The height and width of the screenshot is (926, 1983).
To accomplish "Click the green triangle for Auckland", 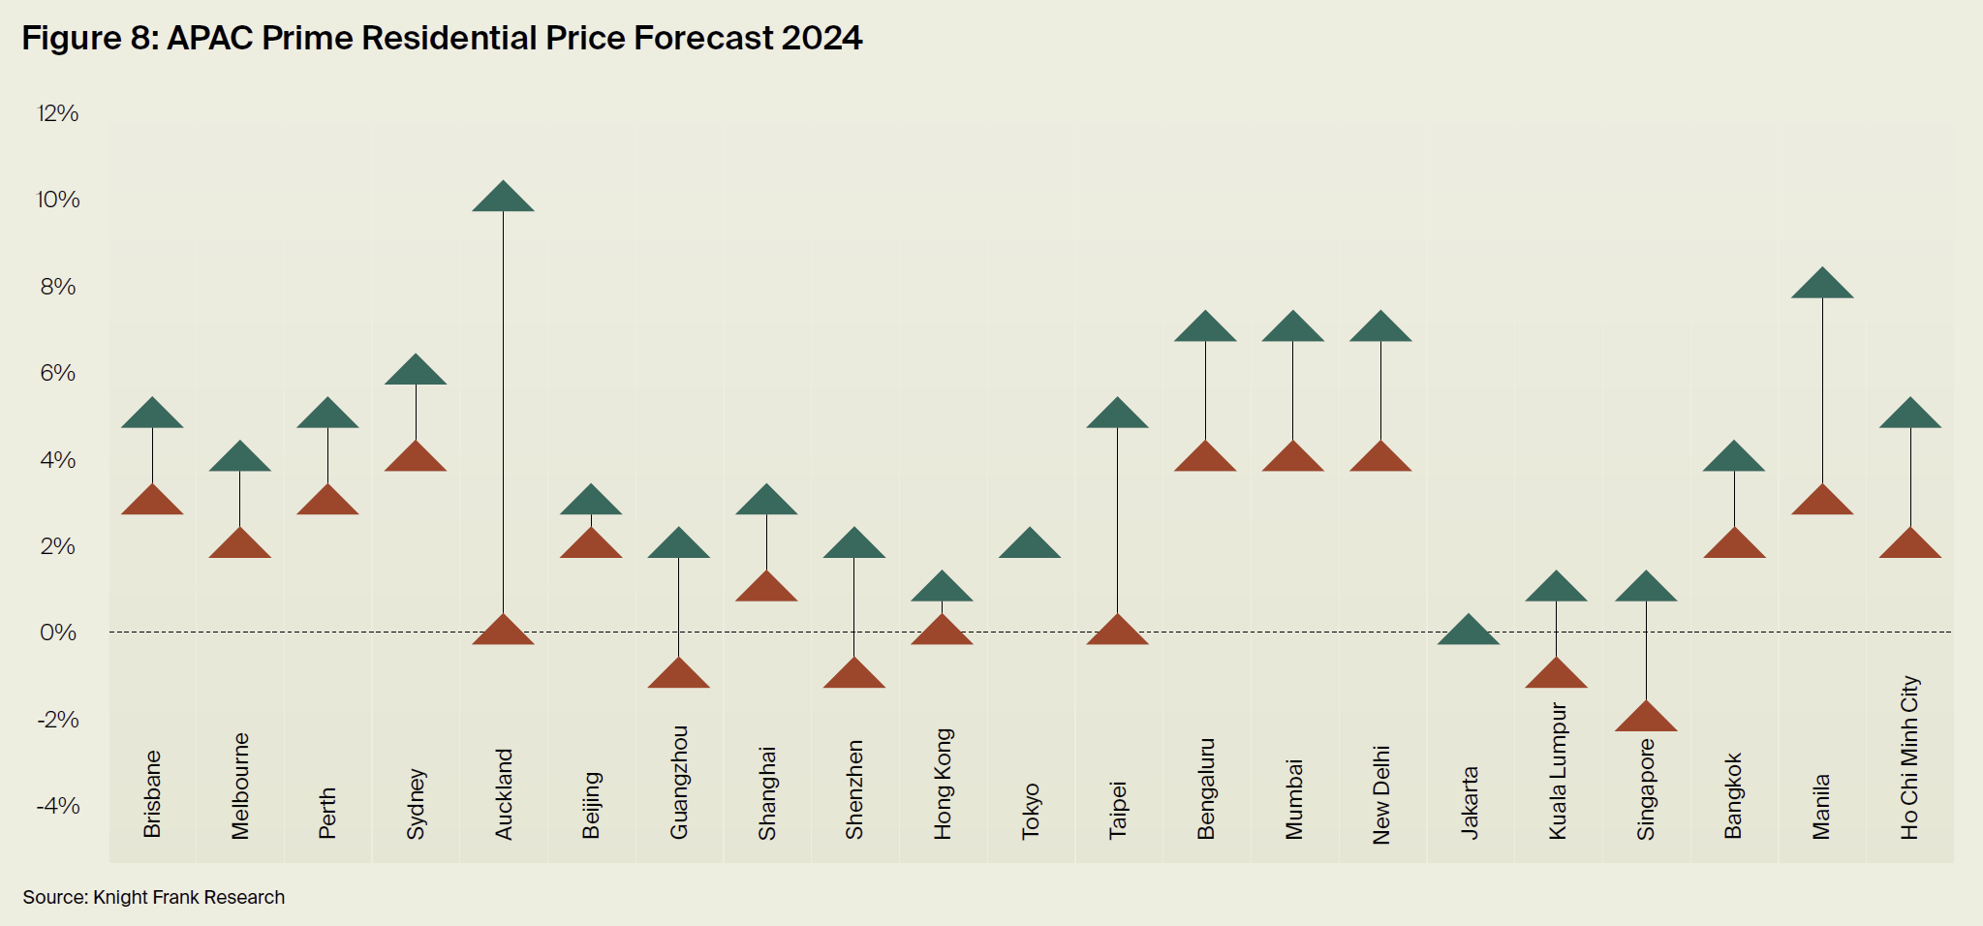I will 503,199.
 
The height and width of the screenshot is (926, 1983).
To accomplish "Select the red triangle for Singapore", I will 1646,718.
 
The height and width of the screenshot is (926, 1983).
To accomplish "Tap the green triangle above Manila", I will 1822,285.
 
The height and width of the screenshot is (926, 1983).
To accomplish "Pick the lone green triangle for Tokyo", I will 1030,544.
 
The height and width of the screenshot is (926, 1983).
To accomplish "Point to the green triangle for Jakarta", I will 1469,632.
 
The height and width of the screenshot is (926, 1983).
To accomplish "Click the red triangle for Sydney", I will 416,458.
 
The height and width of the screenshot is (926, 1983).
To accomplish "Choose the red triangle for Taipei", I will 1117,632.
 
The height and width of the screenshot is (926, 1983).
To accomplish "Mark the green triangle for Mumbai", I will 1292,328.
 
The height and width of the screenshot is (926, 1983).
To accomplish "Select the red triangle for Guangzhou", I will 678,675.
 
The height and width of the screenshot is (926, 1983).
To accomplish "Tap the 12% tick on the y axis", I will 58,113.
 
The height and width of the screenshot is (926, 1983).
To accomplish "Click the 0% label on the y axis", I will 58,633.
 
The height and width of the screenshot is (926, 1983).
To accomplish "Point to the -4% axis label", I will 58,806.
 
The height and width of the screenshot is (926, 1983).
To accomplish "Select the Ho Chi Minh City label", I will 1909,756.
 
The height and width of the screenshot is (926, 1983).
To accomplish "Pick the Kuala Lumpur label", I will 1557,770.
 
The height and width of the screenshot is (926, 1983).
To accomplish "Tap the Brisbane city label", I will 152,794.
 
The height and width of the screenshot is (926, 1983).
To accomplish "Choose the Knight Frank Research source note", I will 154,897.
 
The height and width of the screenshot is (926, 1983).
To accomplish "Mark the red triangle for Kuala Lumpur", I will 1556,675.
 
